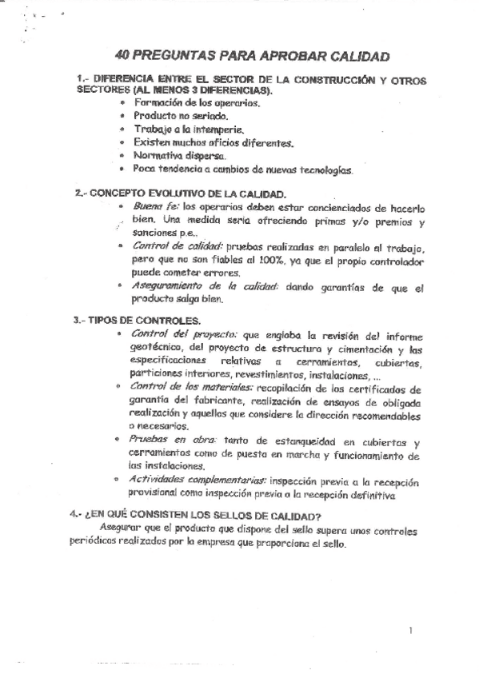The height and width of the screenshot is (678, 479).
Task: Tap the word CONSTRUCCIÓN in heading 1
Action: coord(329,80)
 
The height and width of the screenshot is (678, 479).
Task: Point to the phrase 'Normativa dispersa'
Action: coord(170,156)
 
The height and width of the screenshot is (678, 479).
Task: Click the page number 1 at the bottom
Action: coord(409,631)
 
